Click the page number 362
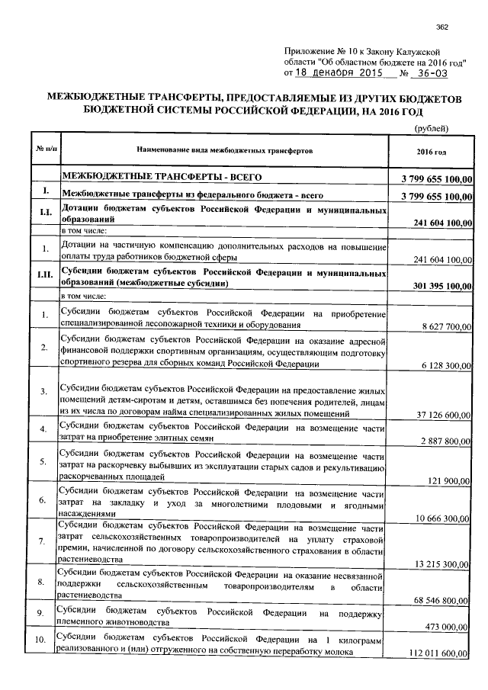(441, 28)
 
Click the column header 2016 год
(432, 151)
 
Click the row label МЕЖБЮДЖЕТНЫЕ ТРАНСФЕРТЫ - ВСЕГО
(161, 177)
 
